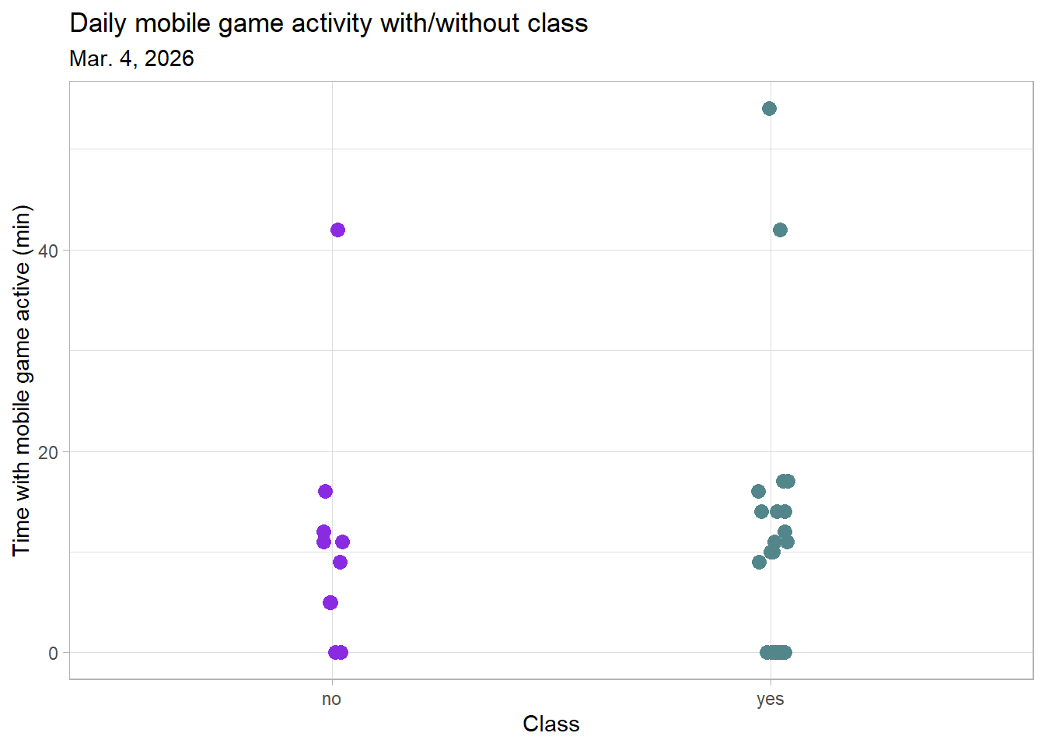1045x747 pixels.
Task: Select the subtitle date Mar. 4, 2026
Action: [x=131, y=59]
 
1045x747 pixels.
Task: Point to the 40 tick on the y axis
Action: [x=48, y=251]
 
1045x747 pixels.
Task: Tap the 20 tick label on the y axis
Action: [x=48, y=452]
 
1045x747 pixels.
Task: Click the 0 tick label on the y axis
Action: [x=53, y=654]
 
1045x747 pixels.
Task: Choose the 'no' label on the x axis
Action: [x=331, y=699]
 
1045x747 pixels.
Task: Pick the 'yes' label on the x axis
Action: [x=770, y=699]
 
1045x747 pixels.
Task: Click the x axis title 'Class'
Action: [x=550, y=724]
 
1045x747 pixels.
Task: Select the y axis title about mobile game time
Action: [x=22, y=380]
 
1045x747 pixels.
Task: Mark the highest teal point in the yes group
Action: [x=769, y=108]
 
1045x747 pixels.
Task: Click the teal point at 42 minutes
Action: [x=780, y=230]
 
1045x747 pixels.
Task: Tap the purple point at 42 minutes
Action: [x=337, y=230]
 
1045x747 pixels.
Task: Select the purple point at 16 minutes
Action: [x=325, y=491]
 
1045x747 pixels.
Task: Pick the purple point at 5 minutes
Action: [x=330, y=602]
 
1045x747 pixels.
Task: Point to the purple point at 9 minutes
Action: [x=340, y=562]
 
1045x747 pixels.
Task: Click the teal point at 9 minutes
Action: [x=759, y=562]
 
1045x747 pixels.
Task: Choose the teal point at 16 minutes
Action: [x=758, y=491]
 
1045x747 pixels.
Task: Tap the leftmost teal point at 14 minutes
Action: [x=761, y=511]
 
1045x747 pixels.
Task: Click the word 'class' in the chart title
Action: [x=557, y=23]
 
